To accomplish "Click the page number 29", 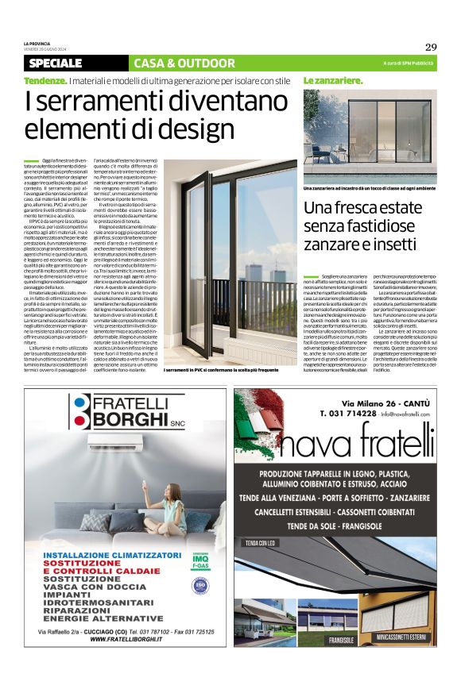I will (431, 47).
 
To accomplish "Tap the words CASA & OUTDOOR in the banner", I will (173, 63).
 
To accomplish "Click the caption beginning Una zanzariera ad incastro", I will (370, 188).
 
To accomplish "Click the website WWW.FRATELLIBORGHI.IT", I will (126, 638).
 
